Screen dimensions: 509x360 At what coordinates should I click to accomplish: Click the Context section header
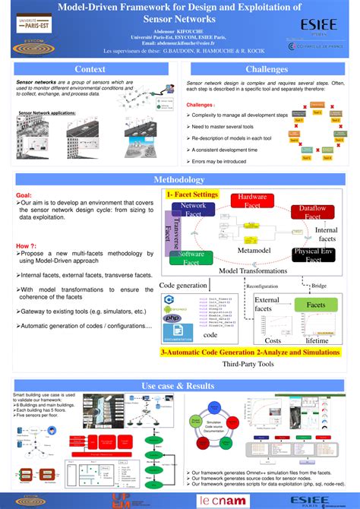[90, 69]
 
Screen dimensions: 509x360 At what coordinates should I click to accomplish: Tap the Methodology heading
[179, 180]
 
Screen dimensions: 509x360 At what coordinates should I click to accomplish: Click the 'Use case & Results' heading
[179, 386]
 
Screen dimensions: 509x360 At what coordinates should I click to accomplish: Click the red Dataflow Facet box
[312, 213]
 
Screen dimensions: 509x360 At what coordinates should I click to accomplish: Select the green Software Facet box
[192, 258]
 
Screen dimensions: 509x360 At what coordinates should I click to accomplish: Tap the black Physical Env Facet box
[313, 255]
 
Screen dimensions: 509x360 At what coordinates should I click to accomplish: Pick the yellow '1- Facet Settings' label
[193, 194]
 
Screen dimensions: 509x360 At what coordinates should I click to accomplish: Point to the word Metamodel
[255, 250]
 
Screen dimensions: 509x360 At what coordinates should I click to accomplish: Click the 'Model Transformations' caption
[254, 270]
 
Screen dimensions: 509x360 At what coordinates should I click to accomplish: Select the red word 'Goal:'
[24, 195]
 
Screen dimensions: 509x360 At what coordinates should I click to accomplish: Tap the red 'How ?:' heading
[27, 245]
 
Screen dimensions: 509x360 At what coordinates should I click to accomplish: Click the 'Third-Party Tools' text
[248, 364]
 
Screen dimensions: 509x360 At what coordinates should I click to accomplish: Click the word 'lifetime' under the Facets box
[317, 340]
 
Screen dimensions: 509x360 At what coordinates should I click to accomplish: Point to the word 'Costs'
[272, 340]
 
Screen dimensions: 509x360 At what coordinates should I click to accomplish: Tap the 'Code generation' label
[182, 285]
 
